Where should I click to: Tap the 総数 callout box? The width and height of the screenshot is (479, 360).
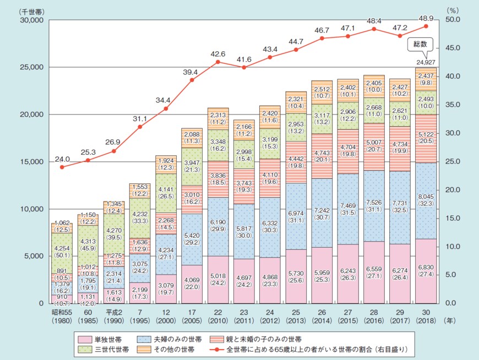[420, 43]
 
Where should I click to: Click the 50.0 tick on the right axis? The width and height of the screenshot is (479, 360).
[451, 20]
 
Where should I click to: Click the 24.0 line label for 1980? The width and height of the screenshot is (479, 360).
[62, 159]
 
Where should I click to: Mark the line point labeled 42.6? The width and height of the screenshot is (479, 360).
[217, 62]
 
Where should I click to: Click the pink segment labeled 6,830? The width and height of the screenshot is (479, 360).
[425, 271]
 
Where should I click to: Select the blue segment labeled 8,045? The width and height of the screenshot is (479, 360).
[425, 200]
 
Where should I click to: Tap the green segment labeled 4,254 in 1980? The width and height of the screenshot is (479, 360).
[62, 252]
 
